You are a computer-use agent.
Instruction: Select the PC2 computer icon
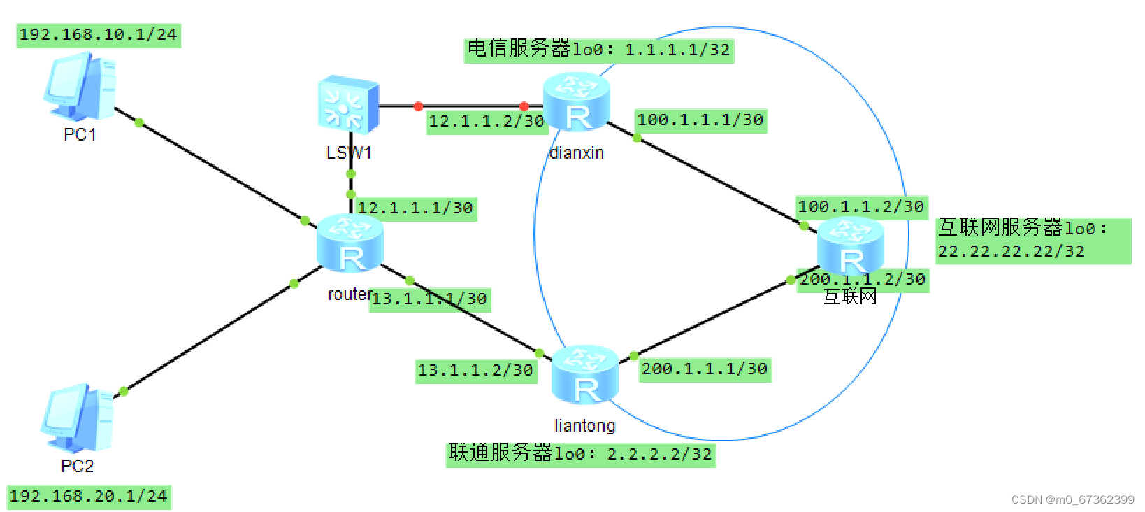pos(77,418)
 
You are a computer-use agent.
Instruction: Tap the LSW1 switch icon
pos(348,105)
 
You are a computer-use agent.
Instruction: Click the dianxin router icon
pos(577,102)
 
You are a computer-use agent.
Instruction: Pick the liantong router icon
pos(585,374)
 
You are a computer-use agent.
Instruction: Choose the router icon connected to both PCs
pos(350,243)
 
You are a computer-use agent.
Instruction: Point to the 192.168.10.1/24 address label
pos(99,35)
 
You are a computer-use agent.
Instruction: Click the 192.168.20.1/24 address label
pos(89,497)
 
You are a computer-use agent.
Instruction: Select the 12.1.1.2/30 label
pos(486,122)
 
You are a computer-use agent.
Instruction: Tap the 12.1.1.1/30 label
pos(416,208)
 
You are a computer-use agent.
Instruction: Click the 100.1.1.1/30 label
pos(700,120)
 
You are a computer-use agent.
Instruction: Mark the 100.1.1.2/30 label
pos(861,207)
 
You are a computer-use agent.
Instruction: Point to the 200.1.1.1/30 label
pos(705,369)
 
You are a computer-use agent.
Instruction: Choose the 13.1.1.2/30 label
pos(475,371)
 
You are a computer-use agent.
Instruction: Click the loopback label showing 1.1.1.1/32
pos(598,50)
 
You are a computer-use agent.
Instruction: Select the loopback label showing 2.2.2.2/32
pos(580,454)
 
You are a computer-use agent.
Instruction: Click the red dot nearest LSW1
pos(418,106)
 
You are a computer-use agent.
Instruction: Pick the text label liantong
pos(584,425)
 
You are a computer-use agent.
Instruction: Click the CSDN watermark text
pos(1072,499)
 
